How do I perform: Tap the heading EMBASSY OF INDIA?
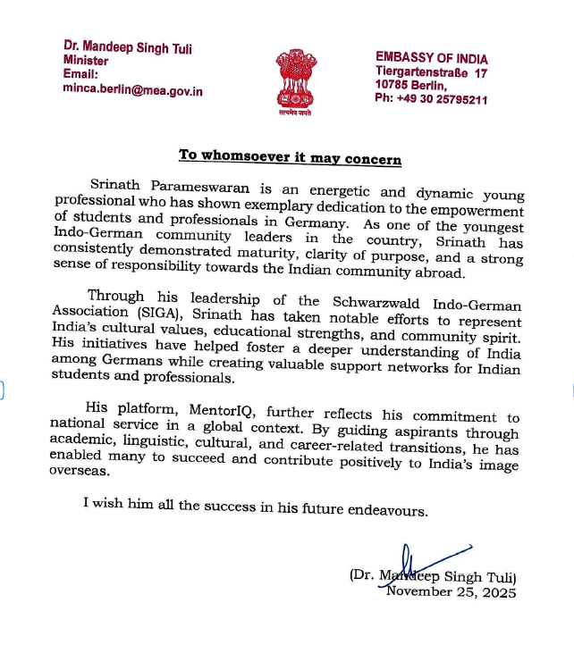[431, 59]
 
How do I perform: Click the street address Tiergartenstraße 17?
[432, 72]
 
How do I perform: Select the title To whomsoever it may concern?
[290, 156]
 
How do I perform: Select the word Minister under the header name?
[86, 61]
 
